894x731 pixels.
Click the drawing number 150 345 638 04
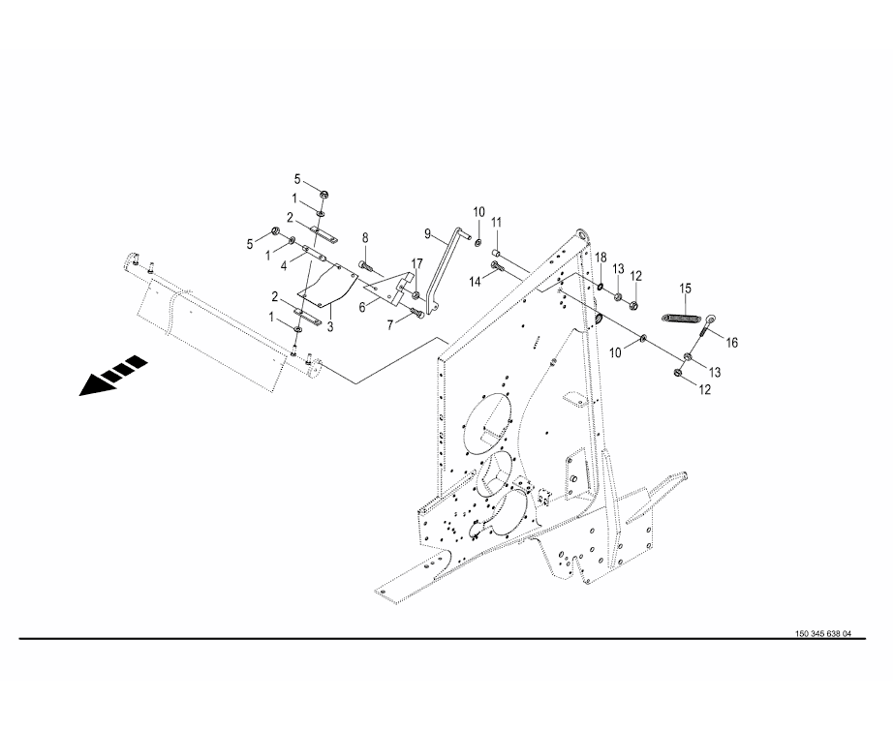822,633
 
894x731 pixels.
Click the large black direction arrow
113,376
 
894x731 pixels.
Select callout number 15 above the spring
685,289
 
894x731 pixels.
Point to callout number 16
731,343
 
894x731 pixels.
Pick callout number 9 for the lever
427,234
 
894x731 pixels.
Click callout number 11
496,222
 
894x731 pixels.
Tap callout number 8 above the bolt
365,237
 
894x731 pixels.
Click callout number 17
417,263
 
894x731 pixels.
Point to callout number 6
362,308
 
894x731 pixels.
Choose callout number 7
390,324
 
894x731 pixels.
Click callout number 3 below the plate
330,327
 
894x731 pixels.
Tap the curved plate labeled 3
327,284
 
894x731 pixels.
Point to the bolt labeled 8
366,265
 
